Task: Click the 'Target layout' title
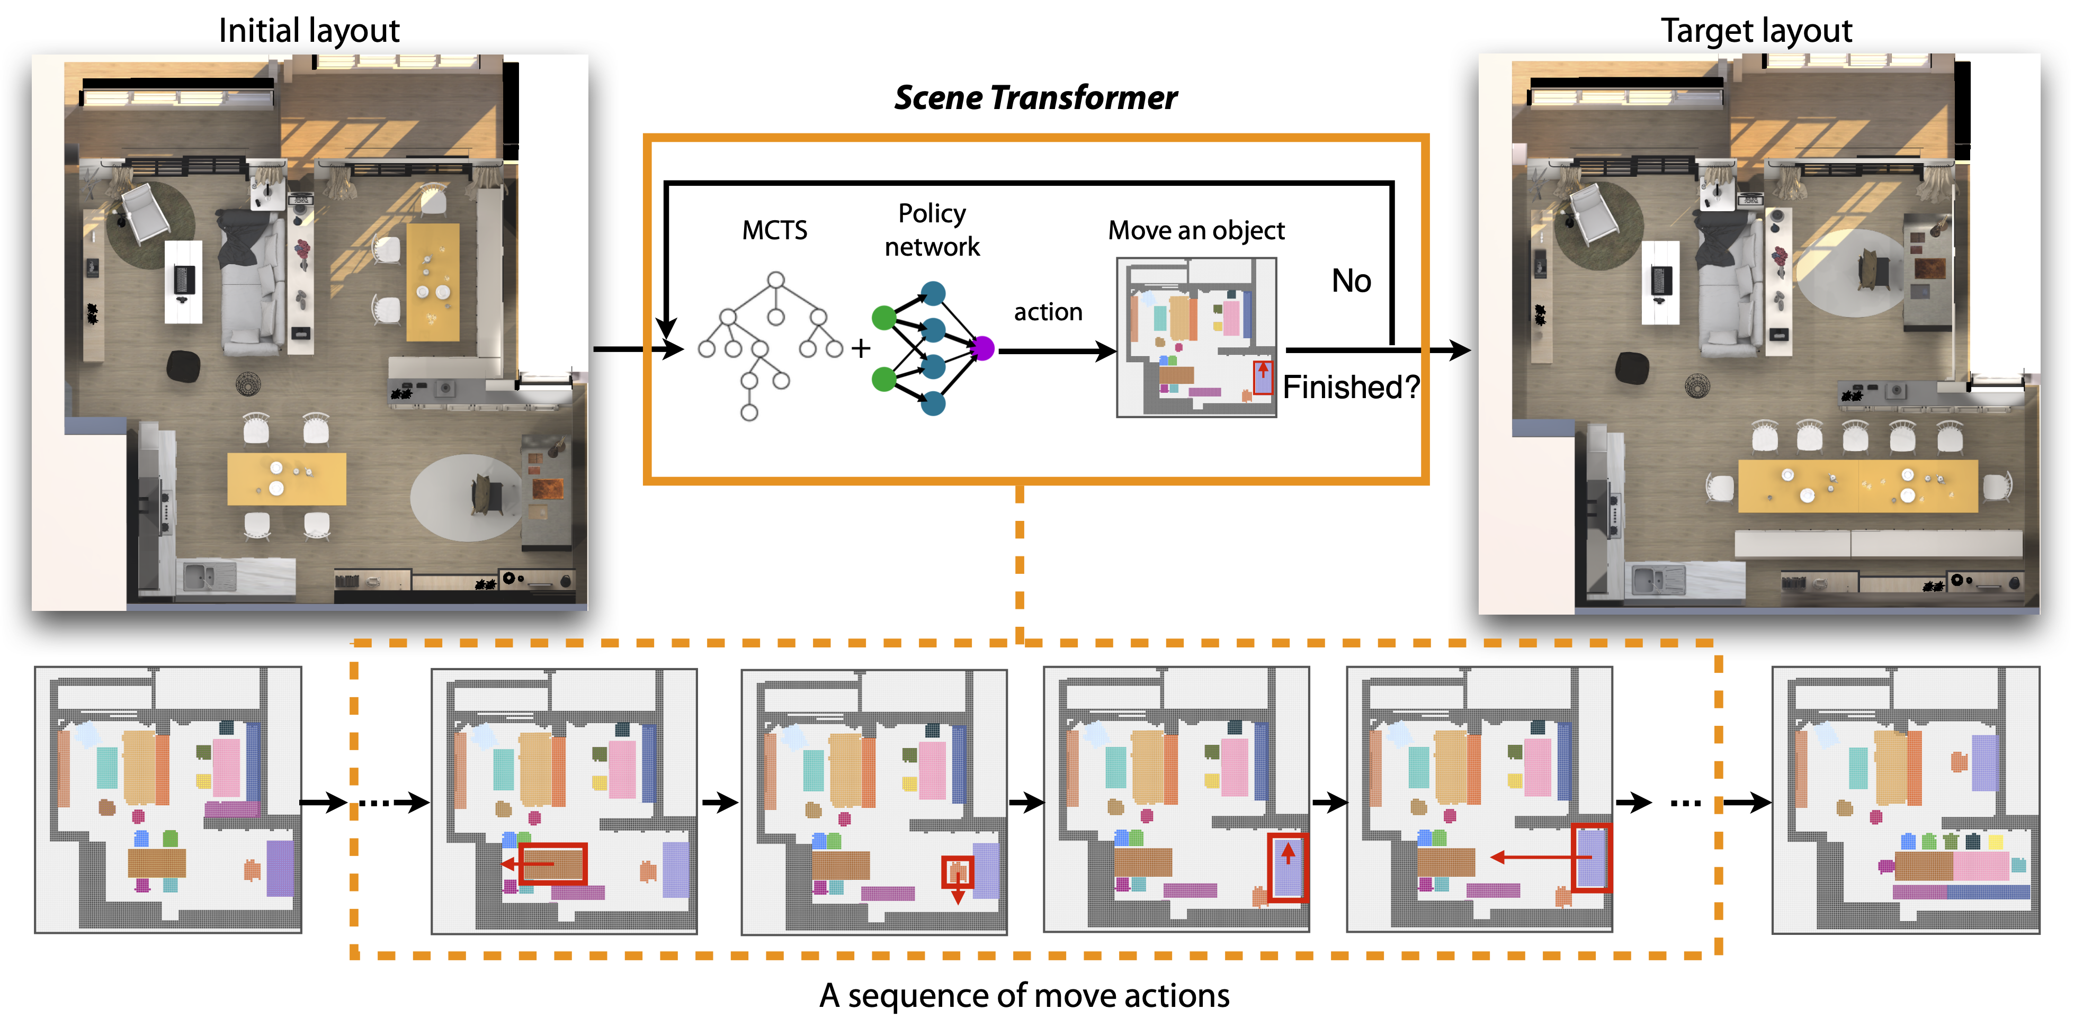[1756, 31]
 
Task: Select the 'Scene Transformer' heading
[1035, 97]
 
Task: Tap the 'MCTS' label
[774, 230]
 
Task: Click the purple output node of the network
[983, 348]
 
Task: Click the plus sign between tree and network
[861, 348]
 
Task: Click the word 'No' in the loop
[1351, 281]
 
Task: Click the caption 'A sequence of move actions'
[1024, 995]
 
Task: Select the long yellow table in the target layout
[1857, 485]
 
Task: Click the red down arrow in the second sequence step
[958, 893]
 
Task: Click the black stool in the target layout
[1632, 368]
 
